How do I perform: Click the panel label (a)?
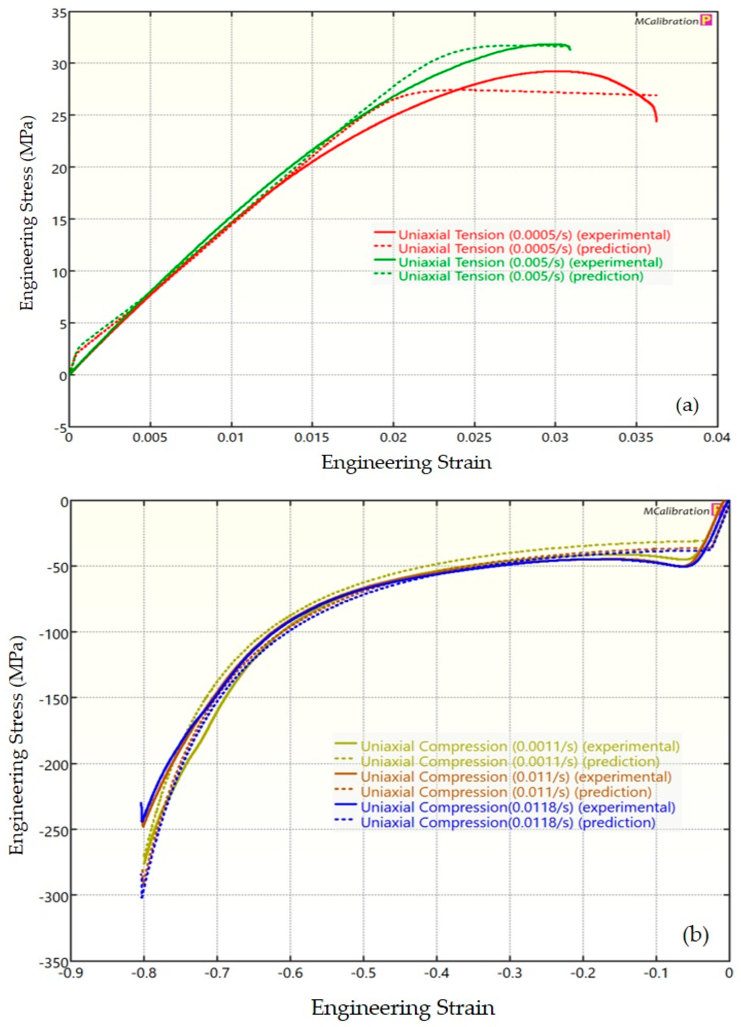point(687,405)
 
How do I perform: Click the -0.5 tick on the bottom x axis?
point(363,973)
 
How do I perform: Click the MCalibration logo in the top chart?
point(673,21)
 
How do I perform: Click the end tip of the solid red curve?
point(656,121)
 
